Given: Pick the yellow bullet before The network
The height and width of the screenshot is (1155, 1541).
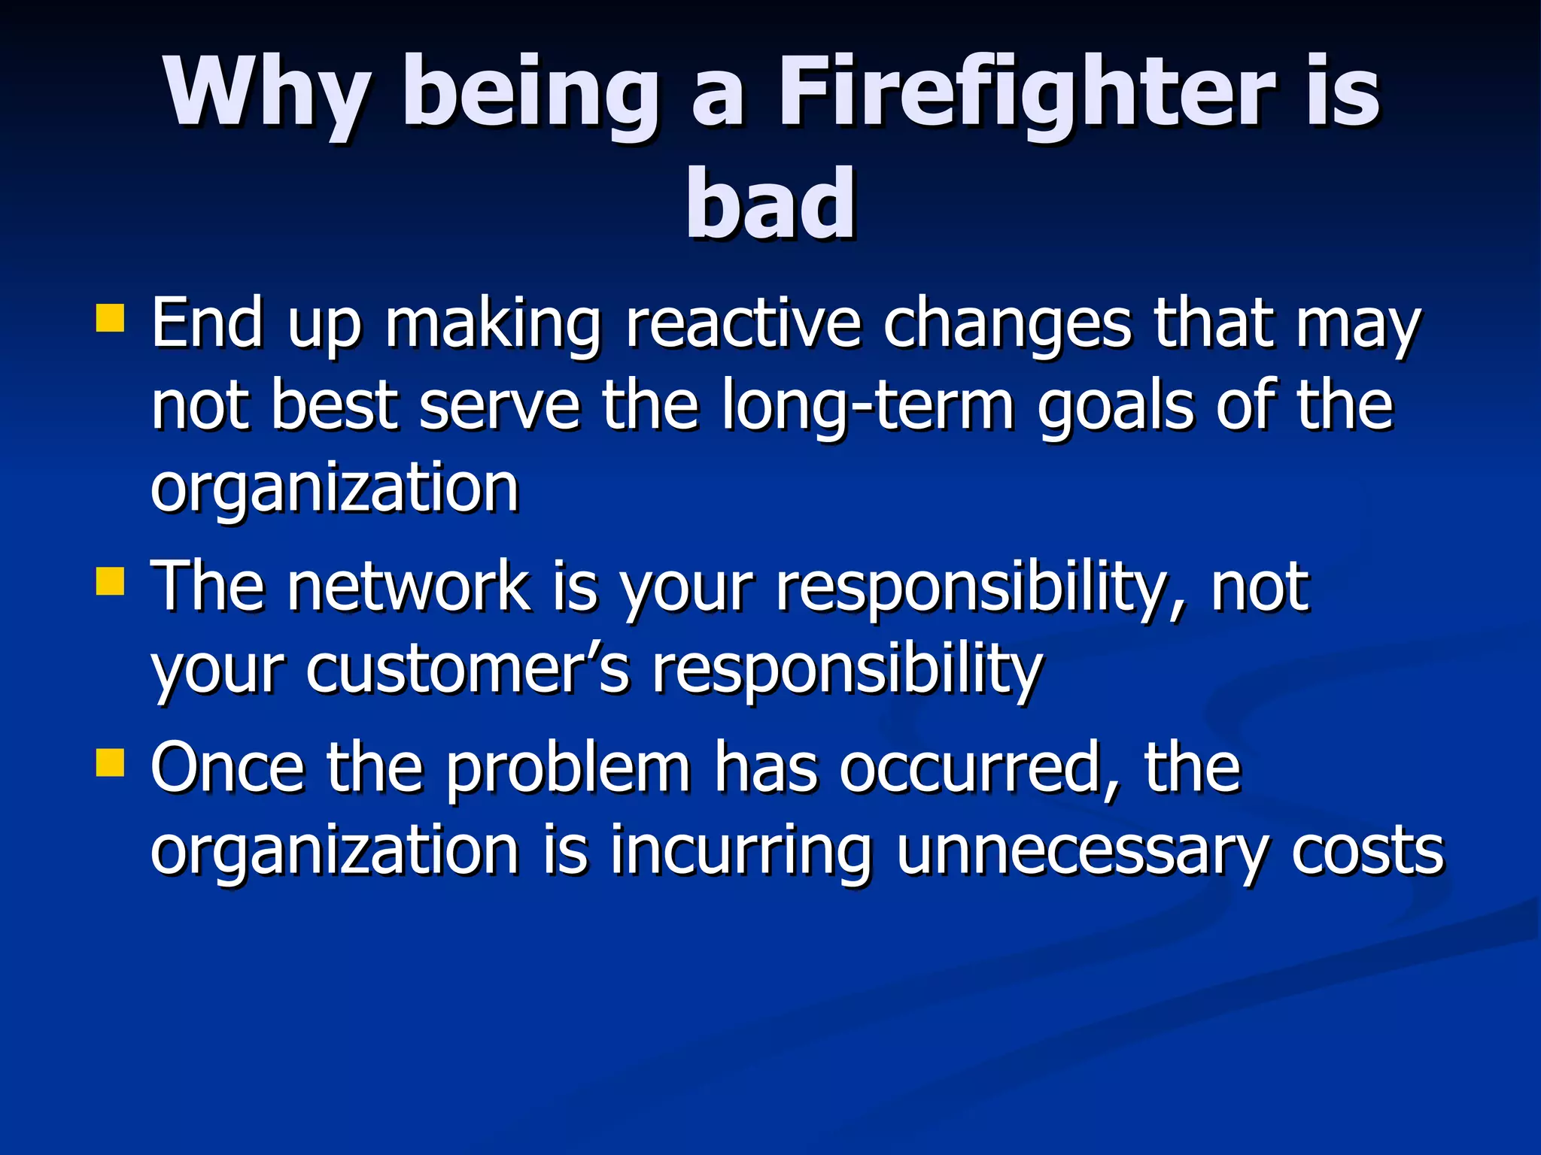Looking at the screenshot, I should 110,581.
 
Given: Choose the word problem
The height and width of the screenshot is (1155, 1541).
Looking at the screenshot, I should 568,768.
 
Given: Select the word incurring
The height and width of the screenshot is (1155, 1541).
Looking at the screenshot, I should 740,851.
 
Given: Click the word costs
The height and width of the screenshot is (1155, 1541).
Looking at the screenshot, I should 1368,851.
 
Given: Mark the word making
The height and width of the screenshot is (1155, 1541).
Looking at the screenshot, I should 493,325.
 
